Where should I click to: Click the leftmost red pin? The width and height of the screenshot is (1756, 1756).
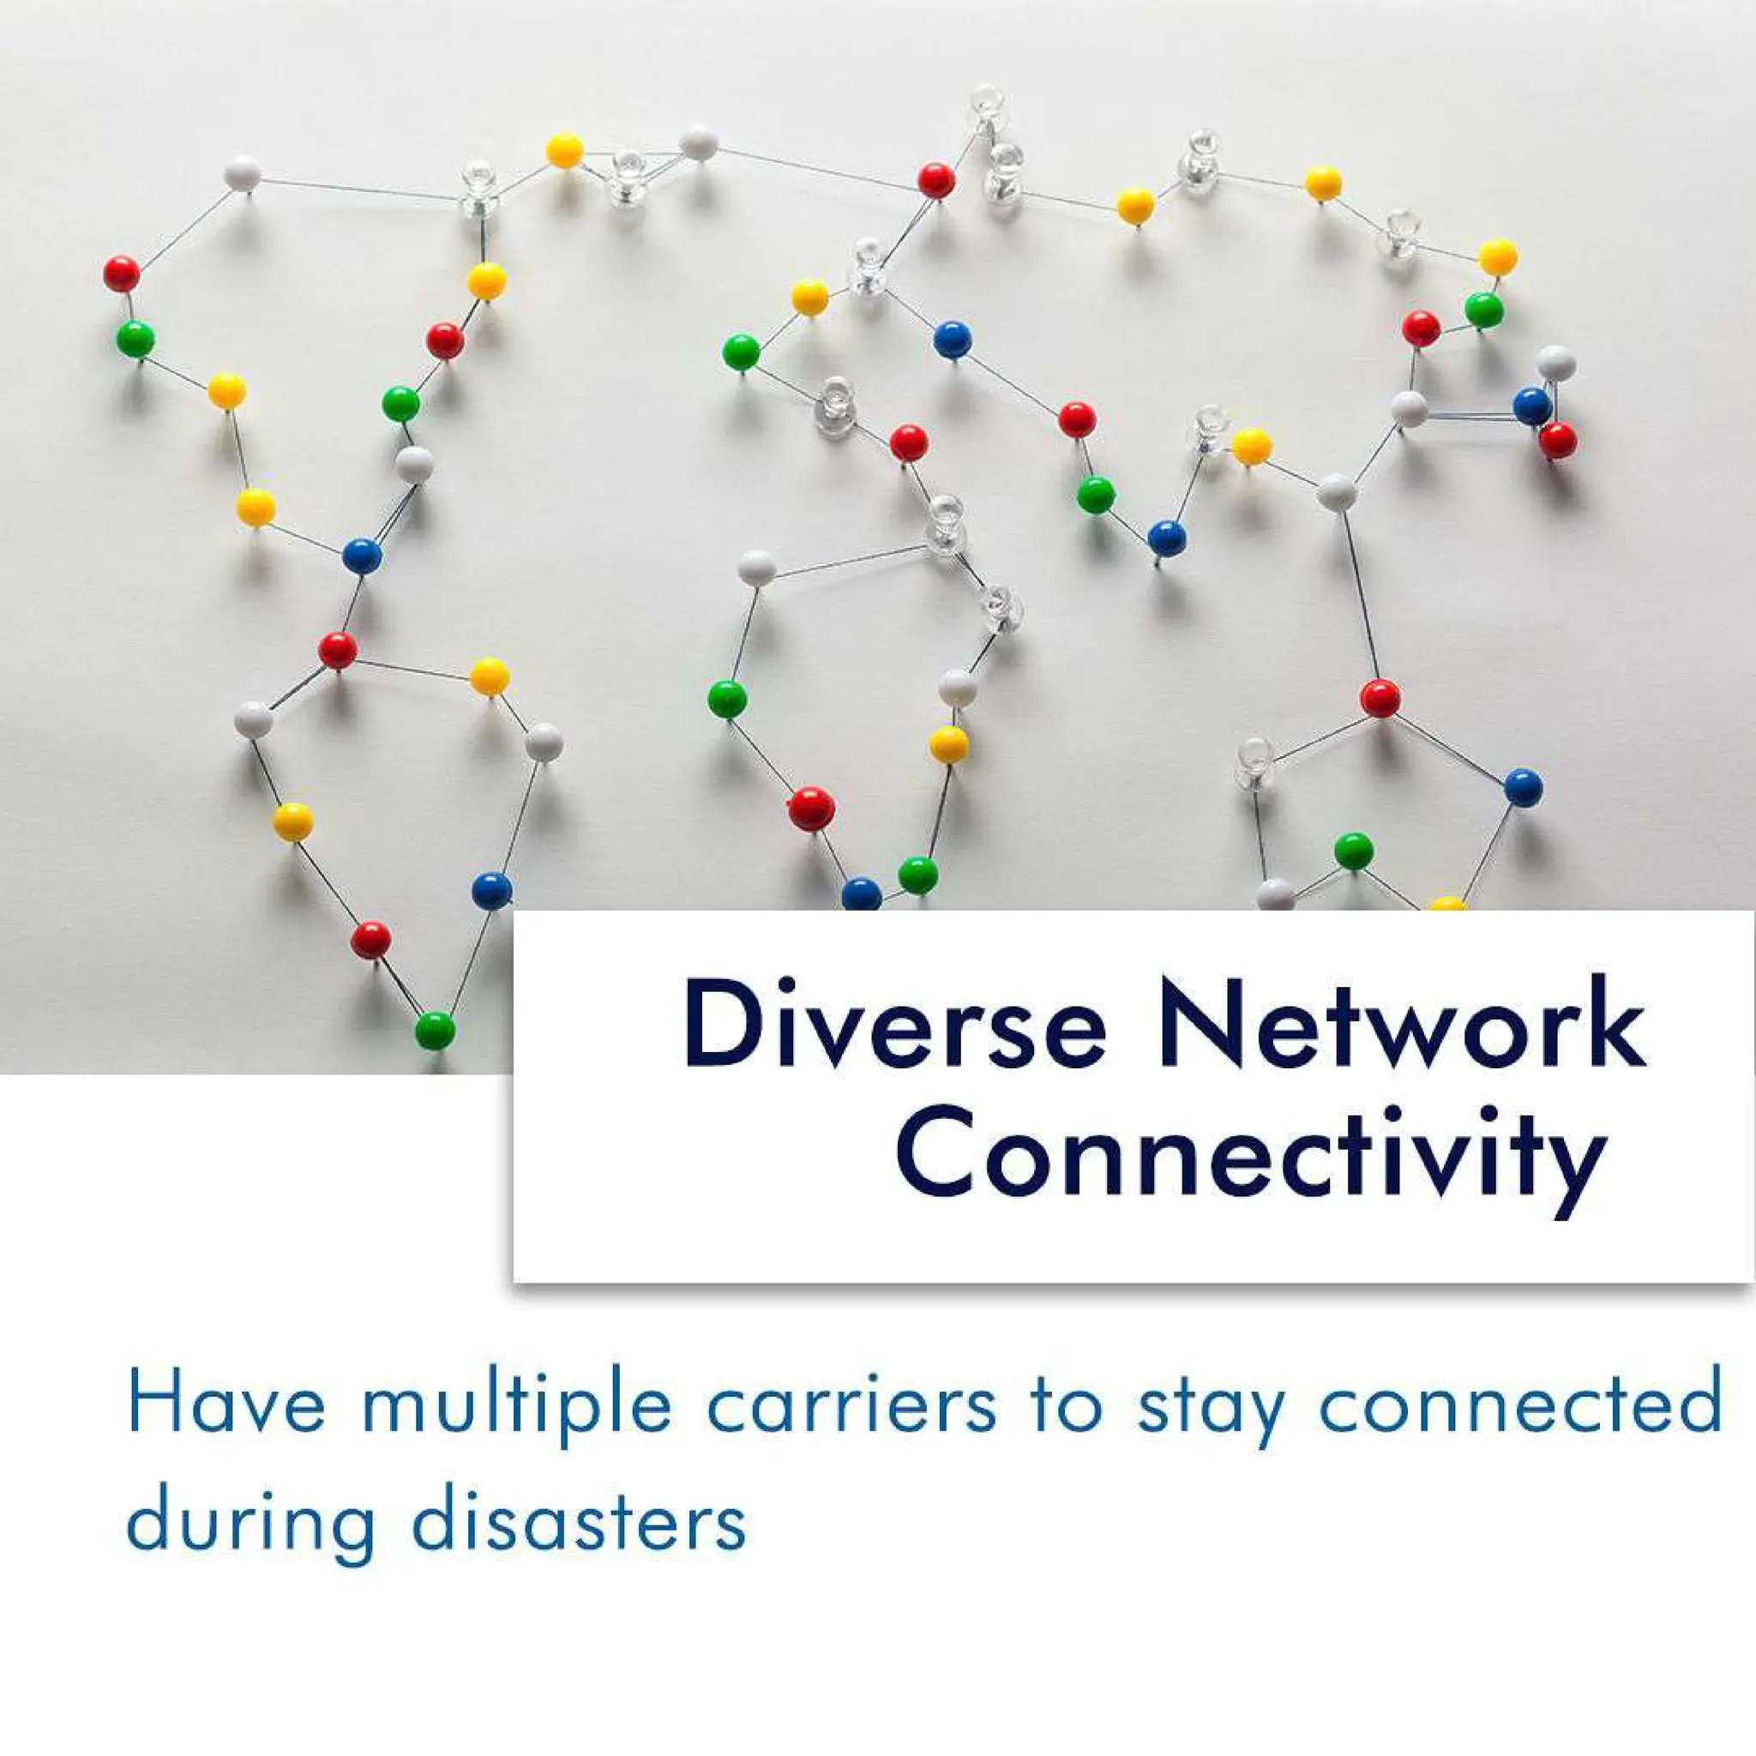122,274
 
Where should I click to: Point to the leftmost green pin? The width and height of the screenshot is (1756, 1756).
135,339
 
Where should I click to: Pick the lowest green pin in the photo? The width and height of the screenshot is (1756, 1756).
435,1030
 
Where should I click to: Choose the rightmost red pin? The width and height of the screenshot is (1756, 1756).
1558,441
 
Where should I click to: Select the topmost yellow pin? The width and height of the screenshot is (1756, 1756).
564,150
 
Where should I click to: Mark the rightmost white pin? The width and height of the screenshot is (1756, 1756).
1556,363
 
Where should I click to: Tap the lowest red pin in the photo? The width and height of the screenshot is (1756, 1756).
370,939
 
